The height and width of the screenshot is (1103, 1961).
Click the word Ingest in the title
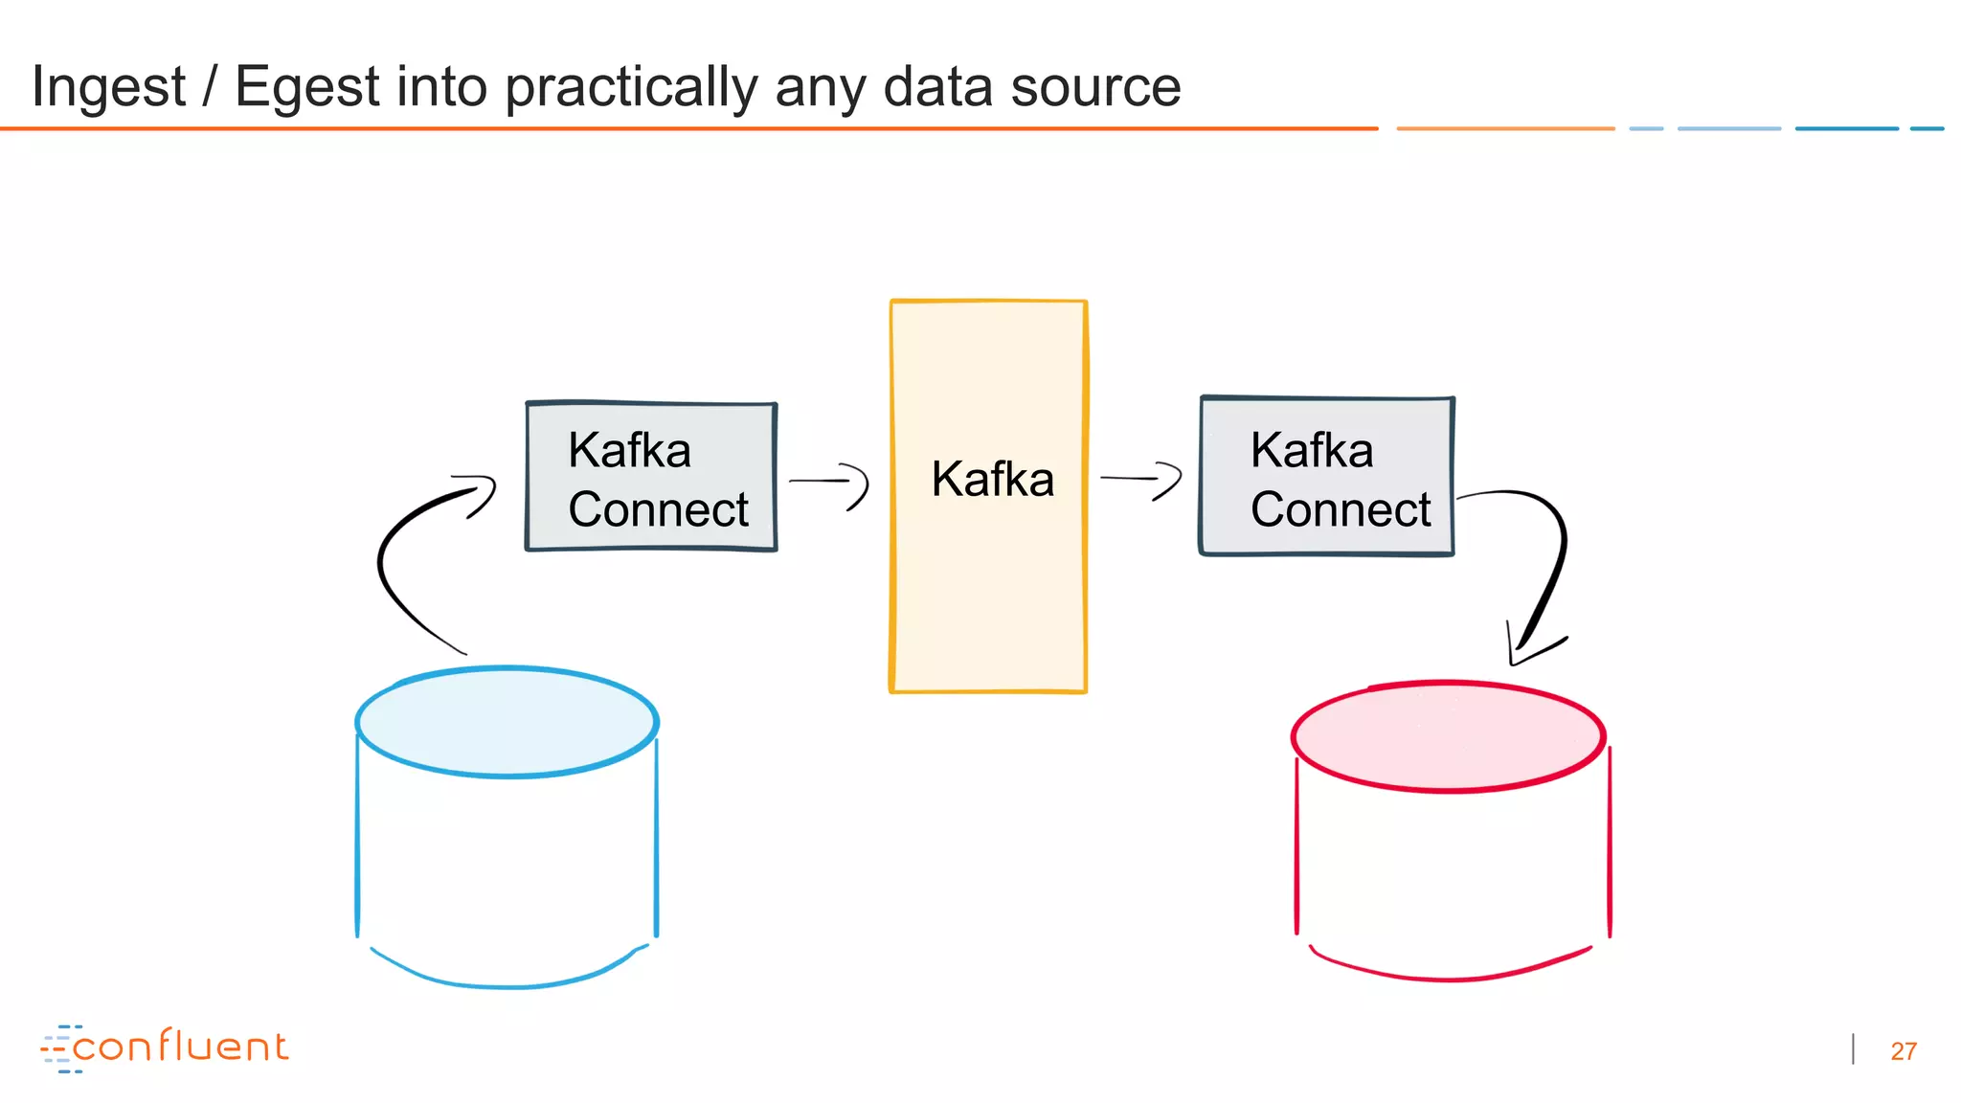(108, 87)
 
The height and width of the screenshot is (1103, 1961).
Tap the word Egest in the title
(307, 87)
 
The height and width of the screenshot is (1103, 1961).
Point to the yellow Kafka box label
(992, 479)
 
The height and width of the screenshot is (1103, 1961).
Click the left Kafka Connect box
(651, 477)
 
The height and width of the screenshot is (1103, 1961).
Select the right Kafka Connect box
(1327, 477)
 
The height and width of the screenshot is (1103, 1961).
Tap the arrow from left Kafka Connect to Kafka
(829, 482)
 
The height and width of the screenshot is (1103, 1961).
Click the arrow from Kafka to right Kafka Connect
(1141, 478)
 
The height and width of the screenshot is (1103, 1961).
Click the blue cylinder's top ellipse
(507, 722)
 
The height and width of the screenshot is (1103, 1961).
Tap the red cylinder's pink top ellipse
(1448, 736)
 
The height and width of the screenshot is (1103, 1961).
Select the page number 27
(1903, 1051)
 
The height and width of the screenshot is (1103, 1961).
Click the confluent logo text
(180, 1047)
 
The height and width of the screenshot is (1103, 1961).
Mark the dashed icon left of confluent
(58, 1048)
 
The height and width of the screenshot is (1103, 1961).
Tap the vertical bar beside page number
(1854, 1049)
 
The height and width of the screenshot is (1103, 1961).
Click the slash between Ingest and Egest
(209, 87)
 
